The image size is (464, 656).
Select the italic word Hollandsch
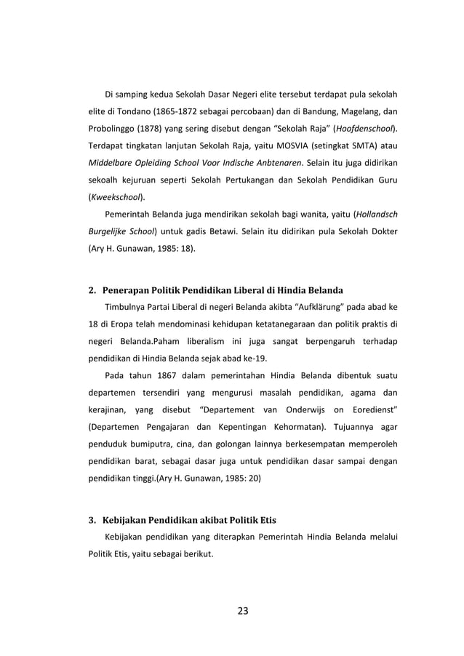coord(375,215)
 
